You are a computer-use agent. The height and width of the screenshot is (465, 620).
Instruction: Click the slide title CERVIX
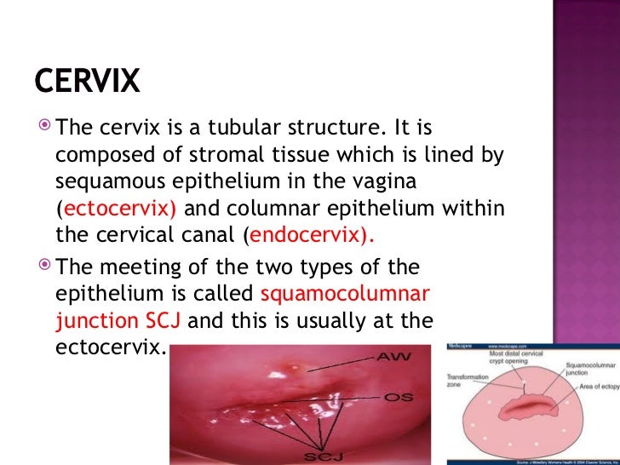click(x=87, y=81)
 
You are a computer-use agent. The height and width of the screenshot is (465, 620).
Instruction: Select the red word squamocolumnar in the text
click(x=346, y=295)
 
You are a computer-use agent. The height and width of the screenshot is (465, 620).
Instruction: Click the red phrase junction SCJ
click(x=120, y=322)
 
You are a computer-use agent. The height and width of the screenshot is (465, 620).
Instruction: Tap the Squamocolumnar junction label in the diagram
click(x=586, y=369)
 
